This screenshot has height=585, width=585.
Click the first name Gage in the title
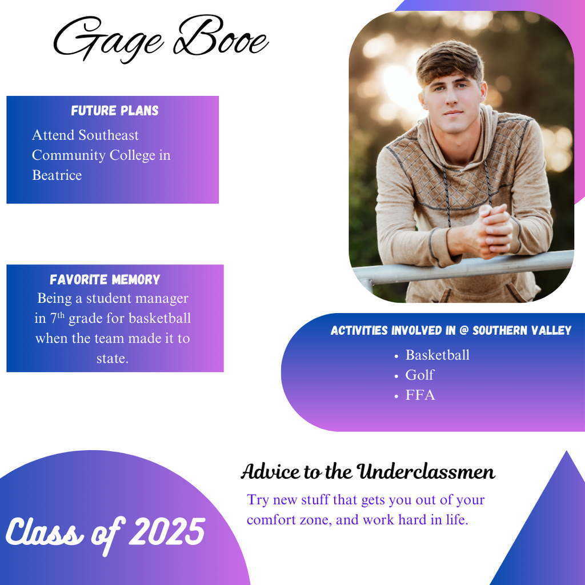pyautogui.click(x=108, y=39)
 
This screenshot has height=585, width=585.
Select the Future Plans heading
pyautogui.click(x=115, y=110)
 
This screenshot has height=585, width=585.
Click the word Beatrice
pyautogui.click(x=57, y=175)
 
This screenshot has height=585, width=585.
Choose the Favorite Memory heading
pyautogui.click(x=105, y=279)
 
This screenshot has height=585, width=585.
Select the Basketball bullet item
pyautogui.click(x=437, y=355)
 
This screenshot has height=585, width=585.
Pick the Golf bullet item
pyautogui.click(x=420, y=375)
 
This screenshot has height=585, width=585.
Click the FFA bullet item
pyautogui.click(x=420, y=395)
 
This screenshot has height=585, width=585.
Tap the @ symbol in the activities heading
pyautogui.click(x=464, y=330)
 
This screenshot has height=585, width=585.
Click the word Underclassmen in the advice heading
pyautogui.click(x=426, y=471)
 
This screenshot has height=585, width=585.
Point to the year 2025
pyautogui.click(x=167, y=531)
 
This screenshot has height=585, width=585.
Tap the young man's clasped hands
pyautogui.click(x=489, y=231)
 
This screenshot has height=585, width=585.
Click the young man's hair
pyautogui.click(x=450, y=62)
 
